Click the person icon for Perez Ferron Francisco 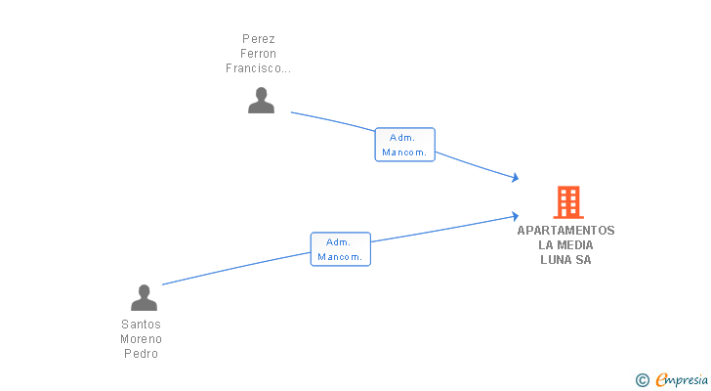[261, 101]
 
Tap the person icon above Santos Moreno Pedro [144, 298]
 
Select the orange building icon [567, 202]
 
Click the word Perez [258, 38]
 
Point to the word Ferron [258, 54]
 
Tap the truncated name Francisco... [258, 69]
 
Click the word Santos [142, 325]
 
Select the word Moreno [142, 339]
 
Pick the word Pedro [142, 354]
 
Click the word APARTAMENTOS [566, 231]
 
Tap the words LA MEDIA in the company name [566, 245]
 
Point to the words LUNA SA [566, 260]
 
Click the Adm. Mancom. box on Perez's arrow [404, 145]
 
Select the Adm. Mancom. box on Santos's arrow [341, 249]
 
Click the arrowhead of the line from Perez [514, 178]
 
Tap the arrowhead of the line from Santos [514, 216]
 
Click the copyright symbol [642, 380]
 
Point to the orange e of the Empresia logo [662, 380]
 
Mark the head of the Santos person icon [144, 291]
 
